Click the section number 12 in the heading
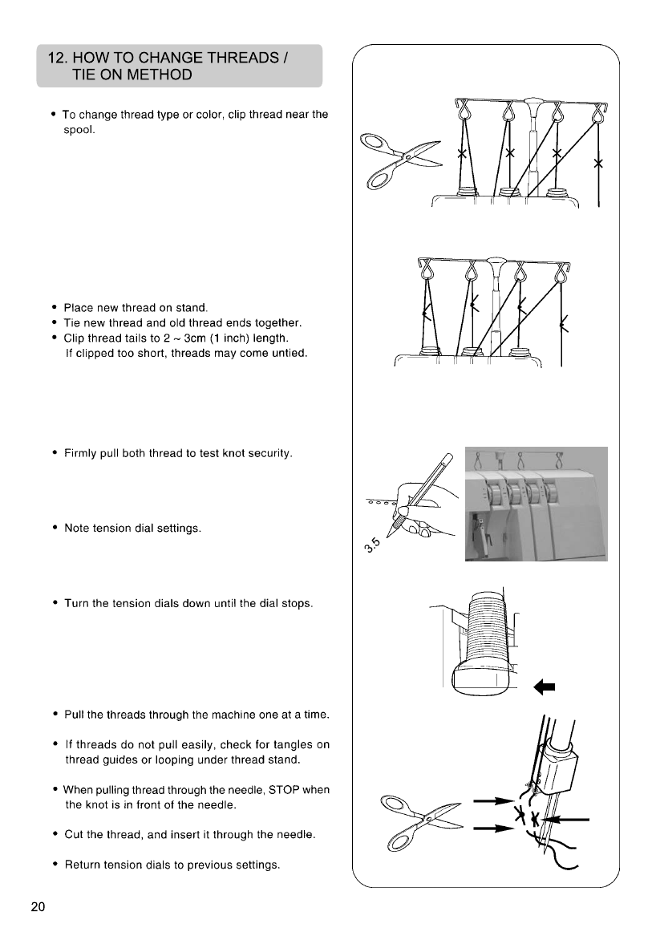pyautogui.click(x=58, y=58)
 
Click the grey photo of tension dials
pyautogui.click(x=536, y=503)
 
